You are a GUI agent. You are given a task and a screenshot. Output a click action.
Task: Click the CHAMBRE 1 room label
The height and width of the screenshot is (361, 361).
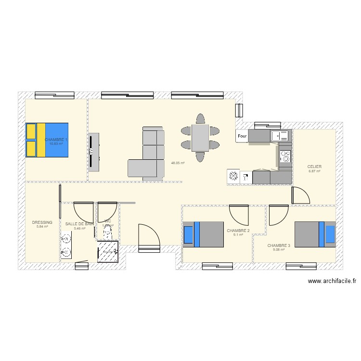[x=56, y=140]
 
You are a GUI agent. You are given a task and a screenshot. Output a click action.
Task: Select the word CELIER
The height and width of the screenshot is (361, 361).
[x=314, y=167]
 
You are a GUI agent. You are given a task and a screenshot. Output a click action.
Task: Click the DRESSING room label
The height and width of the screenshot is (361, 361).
[x=42, y=223]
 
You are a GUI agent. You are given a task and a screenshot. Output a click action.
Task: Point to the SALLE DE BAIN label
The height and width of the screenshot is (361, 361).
[x=80, y=224]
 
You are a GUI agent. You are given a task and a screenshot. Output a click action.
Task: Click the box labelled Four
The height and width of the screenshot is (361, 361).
[x=242, y=136]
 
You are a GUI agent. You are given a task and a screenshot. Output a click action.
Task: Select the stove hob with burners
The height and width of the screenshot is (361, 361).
[x=285, y=156]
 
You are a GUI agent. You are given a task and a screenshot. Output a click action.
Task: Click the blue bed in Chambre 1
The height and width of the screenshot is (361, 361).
[x=47, y=140]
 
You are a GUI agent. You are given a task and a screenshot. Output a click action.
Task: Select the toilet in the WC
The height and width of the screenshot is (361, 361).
[x=107, y=233]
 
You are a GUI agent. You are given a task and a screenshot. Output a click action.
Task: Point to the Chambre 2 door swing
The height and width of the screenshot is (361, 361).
[x=239, y=214]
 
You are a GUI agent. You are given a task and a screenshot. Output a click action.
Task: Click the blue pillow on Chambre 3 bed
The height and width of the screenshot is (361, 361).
[x=330, y=234]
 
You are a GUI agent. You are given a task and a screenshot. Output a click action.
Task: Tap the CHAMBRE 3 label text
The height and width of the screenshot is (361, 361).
[x=279, y=245]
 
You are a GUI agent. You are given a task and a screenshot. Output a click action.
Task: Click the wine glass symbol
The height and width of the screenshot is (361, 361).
[x=246, y=177]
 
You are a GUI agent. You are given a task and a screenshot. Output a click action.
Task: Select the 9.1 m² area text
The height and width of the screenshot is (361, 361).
[x=238, y=235]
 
